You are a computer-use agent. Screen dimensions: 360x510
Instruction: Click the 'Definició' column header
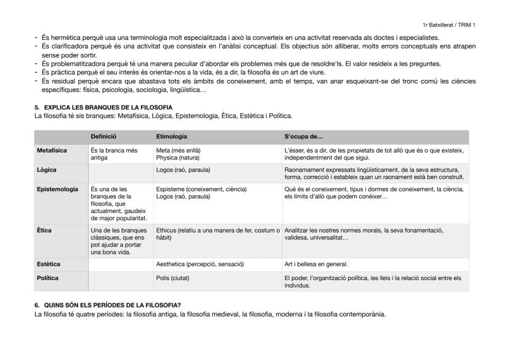click(x=103, y=137)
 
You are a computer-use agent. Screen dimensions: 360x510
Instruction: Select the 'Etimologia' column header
click(x=171, y=137)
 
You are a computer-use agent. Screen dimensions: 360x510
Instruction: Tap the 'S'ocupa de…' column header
click(x=304, y=137)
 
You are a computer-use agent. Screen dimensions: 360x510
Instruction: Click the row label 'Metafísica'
click(x=52, y=150)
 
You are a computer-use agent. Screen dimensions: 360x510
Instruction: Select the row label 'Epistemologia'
click(x=57, y=189)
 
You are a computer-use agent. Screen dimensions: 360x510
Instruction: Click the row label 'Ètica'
click(x=44, y=230)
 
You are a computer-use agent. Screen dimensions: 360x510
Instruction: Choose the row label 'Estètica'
click(x=49, y=264)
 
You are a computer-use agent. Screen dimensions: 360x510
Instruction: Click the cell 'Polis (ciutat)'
click(x=173, y=278)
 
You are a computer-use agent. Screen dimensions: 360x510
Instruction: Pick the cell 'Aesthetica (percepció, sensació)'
click(x=200, y=264)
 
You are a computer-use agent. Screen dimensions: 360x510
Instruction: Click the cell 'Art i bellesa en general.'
click(x=316, y=264)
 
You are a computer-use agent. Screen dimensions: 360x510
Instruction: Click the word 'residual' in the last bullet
click(x=63, y=81)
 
